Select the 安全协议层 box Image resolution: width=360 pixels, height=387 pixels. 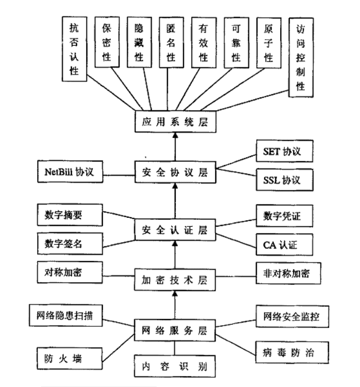click(174, 174)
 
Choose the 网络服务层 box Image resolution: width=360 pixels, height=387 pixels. click(174, 329)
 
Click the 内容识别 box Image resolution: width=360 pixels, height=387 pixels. click(174, 367)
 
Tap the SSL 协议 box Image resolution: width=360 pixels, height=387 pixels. click(282, 180)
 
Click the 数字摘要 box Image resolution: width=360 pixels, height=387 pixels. click(70, 215)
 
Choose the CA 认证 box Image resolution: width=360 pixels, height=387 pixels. click(282, 245)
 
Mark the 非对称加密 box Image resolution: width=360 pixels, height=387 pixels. click(282, 273)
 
